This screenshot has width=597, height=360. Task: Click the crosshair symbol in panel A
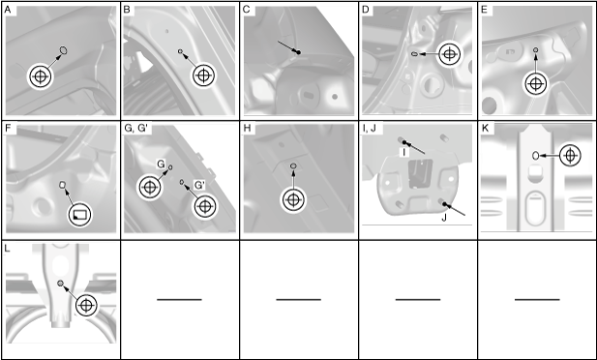pyautogui.click(x=41, y=76)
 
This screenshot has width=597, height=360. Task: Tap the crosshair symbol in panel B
pyautogui.click(x=204, y=75)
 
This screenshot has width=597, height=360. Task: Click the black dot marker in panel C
pyautogui.click(x=298, y=52)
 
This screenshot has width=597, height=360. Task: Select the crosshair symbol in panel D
pyautogui.click(x=450, y=54)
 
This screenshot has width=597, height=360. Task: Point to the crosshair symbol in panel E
pyautogui.click(x=536, y=84)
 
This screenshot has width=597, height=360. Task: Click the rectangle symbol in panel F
pyautogui.click(x=80, y=215)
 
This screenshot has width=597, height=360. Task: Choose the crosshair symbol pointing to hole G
pyautogui.click(x=150, y=187)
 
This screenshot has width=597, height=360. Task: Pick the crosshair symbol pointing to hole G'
pyautogui.click(x=205, y=206)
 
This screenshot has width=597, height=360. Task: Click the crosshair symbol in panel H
pyautogui.click(x=293, y=199)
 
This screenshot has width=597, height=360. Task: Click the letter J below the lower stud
pyautogui.click(x=443, y=218)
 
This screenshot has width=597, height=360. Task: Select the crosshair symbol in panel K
pyautogui.click(x=570, y=156)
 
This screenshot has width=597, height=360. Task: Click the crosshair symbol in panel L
pyautogui.click(x=86, y=305)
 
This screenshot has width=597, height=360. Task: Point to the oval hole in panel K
pyautogui.click(x=535, y=155)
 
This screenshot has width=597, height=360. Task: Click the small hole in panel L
pyautogui.click(x=60, y=283)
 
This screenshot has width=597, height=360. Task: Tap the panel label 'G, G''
pyautogui.click(x=138, y=129)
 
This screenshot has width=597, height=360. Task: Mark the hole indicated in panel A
pyautogui.click(x=63, y=50)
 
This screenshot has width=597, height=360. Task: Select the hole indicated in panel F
pyautogui.click(x=63, y=185)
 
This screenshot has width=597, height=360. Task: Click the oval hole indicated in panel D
pyautogui.click(x=414, y=54)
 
